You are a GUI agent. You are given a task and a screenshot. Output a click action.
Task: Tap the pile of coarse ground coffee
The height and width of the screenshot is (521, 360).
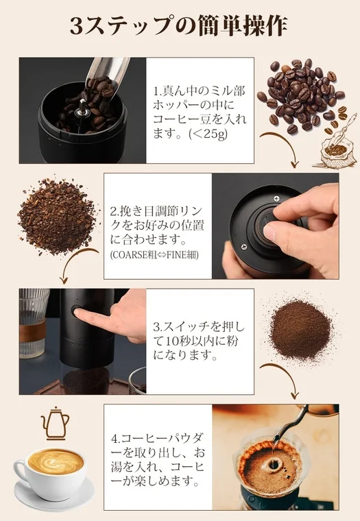[57, 216]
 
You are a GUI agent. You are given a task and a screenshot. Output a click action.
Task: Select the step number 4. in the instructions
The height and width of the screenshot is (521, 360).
[116, 437]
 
